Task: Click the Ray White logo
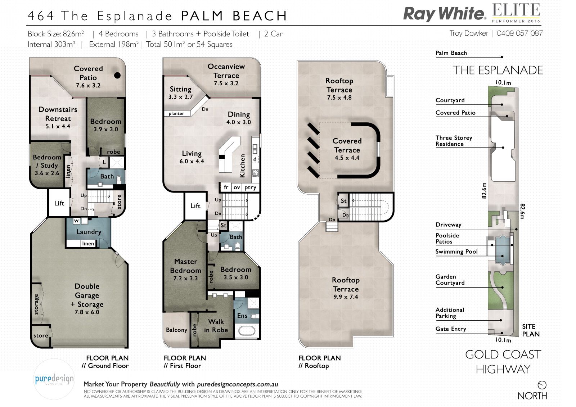point(445,14)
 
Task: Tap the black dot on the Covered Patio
point(117,75)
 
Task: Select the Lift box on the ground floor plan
point(59,203)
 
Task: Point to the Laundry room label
point(89,232)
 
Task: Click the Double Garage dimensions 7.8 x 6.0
point(87,312)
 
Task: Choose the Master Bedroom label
point(185,266)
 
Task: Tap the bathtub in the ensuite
point(246,331)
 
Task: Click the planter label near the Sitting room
point(176,113)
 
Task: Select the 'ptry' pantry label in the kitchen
point(250,187)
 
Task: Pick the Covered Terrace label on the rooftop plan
point(347,145)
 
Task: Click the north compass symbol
point(542,385)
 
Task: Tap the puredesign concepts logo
point(54,379)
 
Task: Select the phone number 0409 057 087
point(520,33)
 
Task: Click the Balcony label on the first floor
point(176,330)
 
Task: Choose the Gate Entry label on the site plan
point(451,329)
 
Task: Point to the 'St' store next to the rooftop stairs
point(343,200)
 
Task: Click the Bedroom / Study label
point(47,165)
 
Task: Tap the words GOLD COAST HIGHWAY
point(503,362)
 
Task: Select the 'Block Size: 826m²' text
point(56,34)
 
